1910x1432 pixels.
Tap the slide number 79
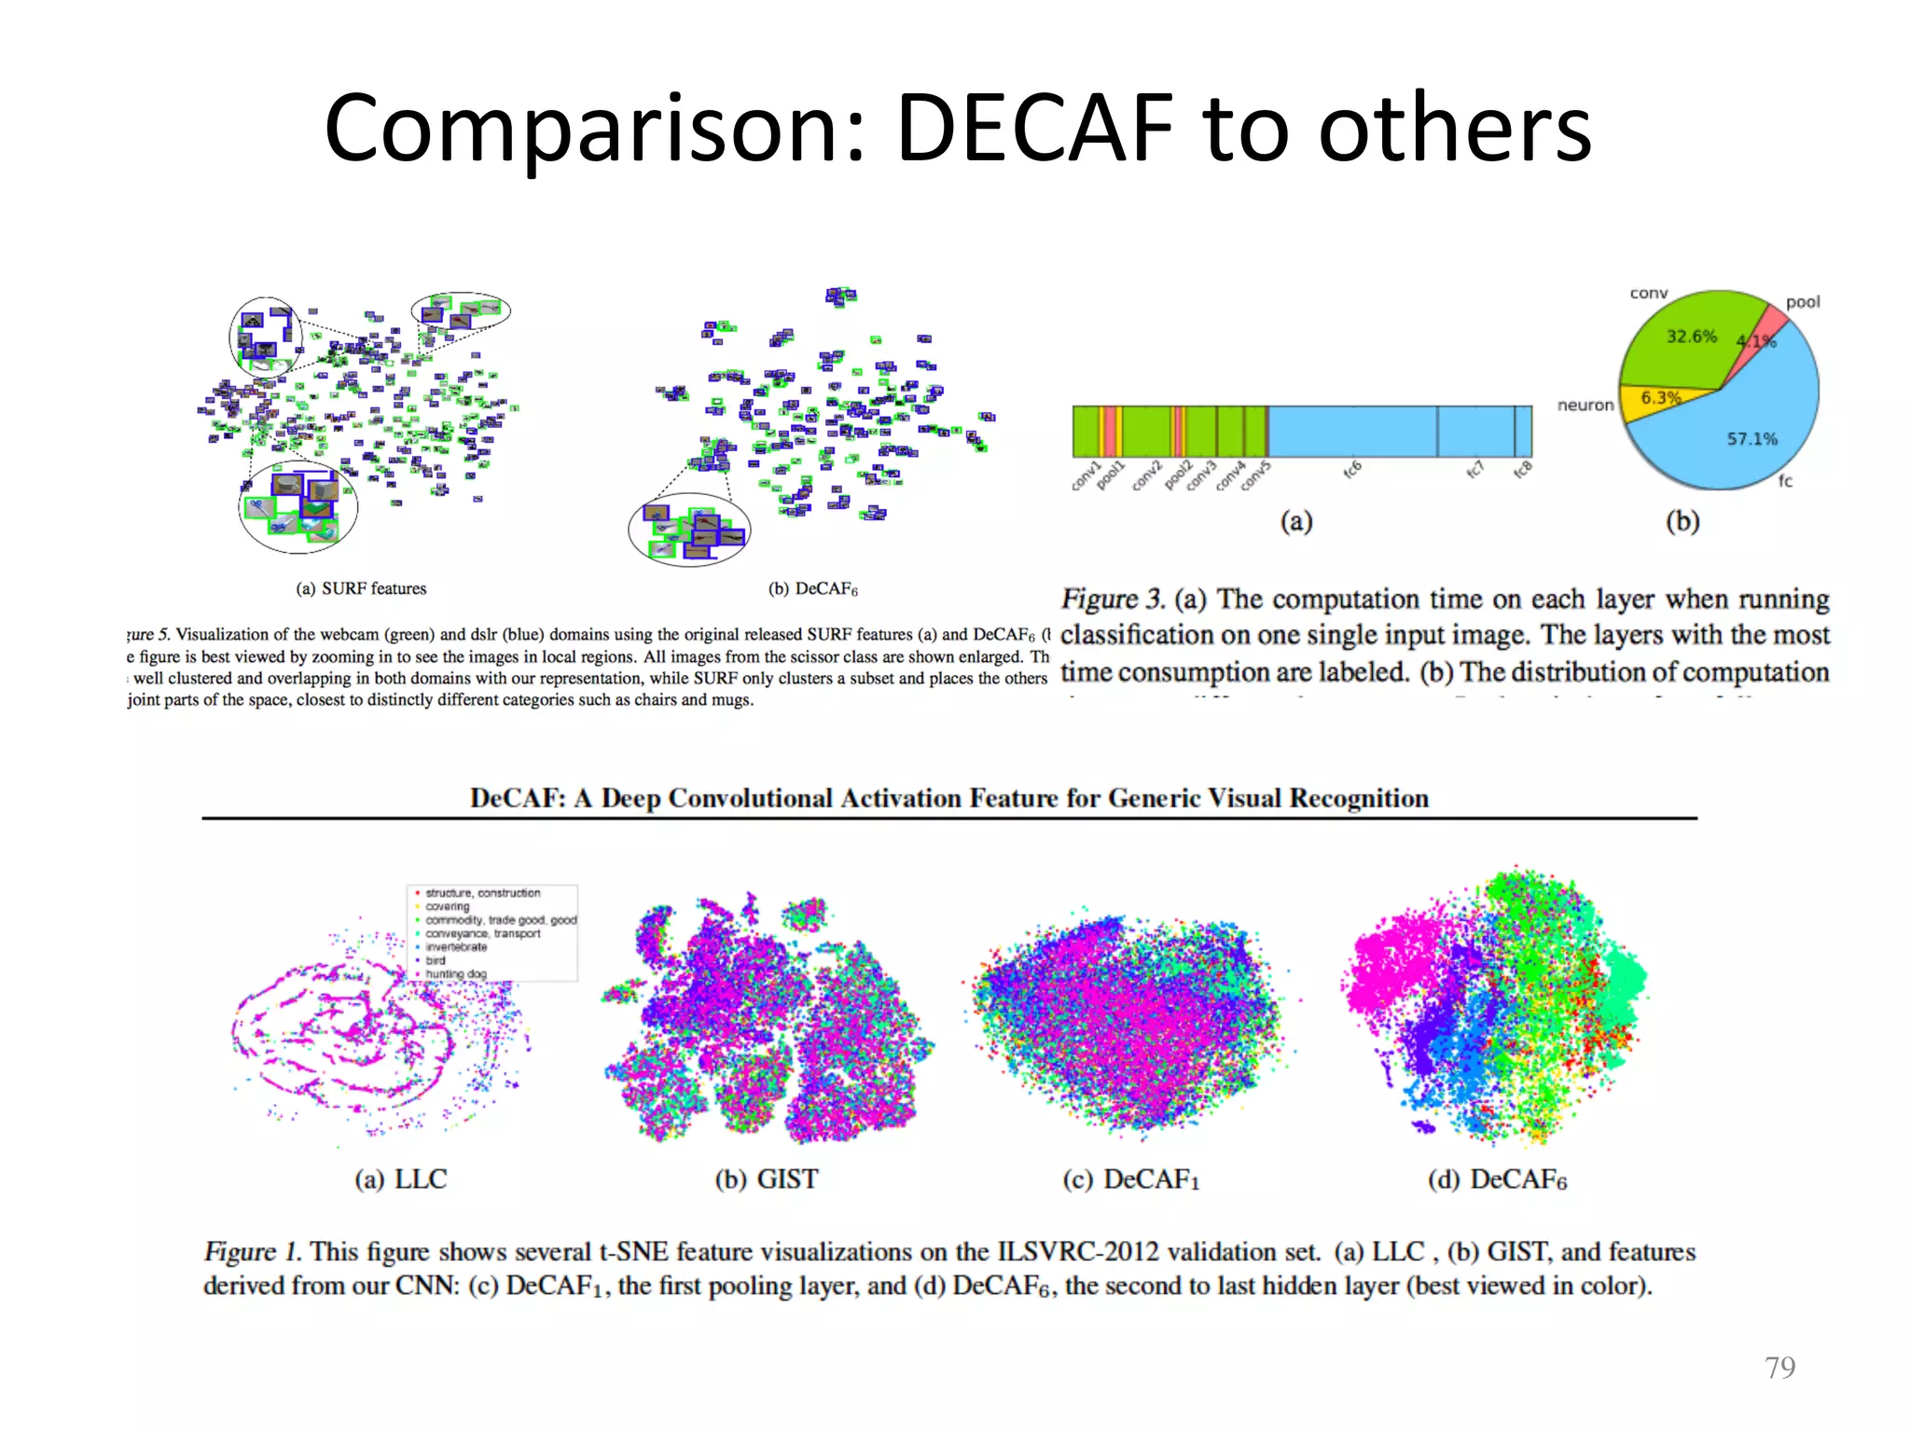coord(1779,1367)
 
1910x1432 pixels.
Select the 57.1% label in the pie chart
coord(1751,438)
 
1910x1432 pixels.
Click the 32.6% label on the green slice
coord(1691,337)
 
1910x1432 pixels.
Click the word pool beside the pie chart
coord(1802,302)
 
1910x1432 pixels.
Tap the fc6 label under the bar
coord(1352,470)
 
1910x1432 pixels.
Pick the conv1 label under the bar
coord(1086,475)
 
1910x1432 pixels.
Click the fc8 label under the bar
coord(1522,470)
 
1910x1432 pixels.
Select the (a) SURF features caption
coord(361,588)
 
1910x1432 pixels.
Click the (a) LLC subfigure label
coord(400,1179)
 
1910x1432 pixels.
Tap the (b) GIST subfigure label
coord(766,1179)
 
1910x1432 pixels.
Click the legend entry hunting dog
coord(456,973)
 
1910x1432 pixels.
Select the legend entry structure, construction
coord(482,893)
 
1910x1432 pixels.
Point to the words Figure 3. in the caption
coord(1113,599)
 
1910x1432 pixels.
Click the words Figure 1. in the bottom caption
coord(252,1251)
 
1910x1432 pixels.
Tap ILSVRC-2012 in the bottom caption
coord(1078,1251)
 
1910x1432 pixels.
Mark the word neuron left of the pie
coord(1585,406)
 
